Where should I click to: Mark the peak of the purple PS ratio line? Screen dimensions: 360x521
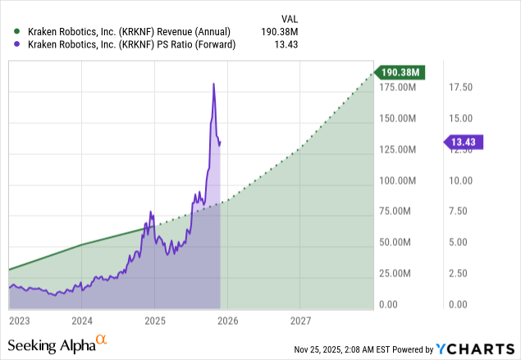214,84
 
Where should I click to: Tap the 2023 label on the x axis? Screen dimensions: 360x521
20,321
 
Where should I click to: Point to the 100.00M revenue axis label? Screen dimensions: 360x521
396,180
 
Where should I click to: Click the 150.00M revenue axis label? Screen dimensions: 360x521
396,118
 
